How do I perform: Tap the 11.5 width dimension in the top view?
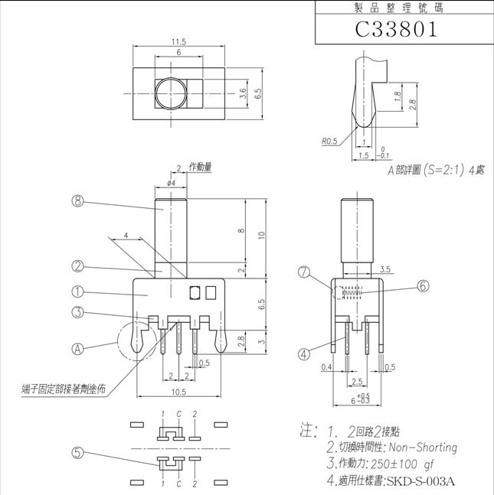[x=179, y=42]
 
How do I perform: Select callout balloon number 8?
[x=77, y=202]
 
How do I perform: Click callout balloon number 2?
[x=77, y=267]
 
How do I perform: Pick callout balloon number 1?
[x=77, y=291]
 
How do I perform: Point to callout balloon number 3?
[x=77, y=311]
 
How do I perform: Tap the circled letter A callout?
[x=77, y=348]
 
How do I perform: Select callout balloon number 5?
[x=77, y=452]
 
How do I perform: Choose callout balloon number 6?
[x=424, y=285]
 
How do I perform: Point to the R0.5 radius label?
[x=330, y=141]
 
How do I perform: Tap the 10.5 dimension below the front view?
[x=179, y=392]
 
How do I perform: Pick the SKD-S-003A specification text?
[x=420, y=480]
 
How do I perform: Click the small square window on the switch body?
[x=195, y=291]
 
